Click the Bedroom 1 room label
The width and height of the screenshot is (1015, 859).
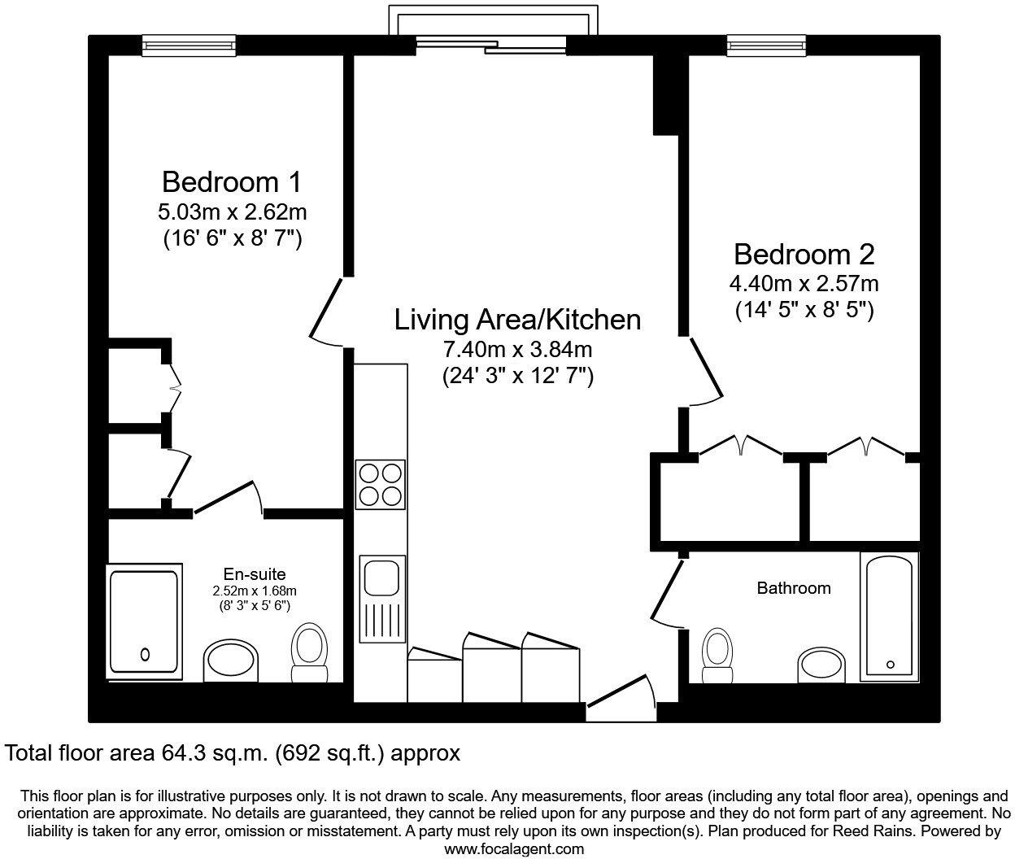231,182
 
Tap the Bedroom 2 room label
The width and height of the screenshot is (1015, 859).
804,255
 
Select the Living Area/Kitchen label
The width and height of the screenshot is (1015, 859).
517,319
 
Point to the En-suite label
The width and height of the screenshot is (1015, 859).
255,573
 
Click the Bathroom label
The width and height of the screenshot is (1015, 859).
794,588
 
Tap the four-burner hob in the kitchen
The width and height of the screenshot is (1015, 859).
380,485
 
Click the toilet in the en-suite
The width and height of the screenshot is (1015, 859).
309,652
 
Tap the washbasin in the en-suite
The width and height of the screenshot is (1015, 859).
231,660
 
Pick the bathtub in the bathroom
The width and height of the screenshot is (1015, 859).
889,617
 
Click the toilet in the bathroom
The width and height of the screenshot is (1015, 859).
717,655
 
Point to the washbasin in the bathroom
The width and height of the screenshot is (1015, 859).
821,665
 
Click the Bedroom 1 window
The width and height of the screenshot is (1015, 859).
189,46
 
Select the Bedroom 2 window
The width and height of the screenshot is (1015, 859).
766,46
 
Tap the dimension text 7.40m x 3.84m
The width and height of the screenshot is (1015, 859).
517,350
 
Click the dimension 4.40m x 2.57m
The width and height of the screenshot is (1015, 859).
804,284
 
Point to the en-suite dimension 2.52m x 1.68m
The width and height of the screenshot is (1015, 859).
255,591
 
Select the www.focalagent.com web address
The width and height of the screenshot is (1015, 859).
514,849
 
